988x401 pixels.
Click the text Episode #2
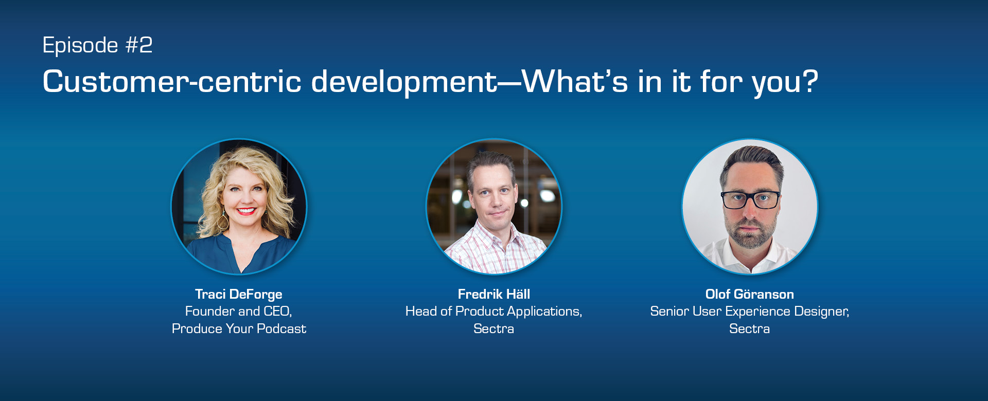click(97, 45)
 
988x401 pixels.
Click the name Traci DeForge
click(238, 294)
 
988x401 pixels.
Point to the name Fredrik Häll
click(493, 294)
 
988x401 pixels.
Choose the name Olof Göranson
click(749, 294)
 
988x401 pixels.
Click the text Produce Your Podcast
click(239, 329)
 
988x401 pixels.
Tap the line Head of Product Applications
click(493, 312)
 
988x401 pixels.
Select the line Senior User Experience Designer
click(749, 312)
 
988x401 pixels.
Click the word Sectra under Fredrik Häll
click(493, 329)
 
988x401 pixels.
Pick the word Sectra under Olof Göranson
click(749, 329)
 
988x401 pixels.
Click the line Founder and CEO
click(238, 312)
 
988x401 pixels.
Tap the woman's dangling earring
click(223, 221)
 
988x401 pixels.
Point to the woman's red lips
click(245, 210)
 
